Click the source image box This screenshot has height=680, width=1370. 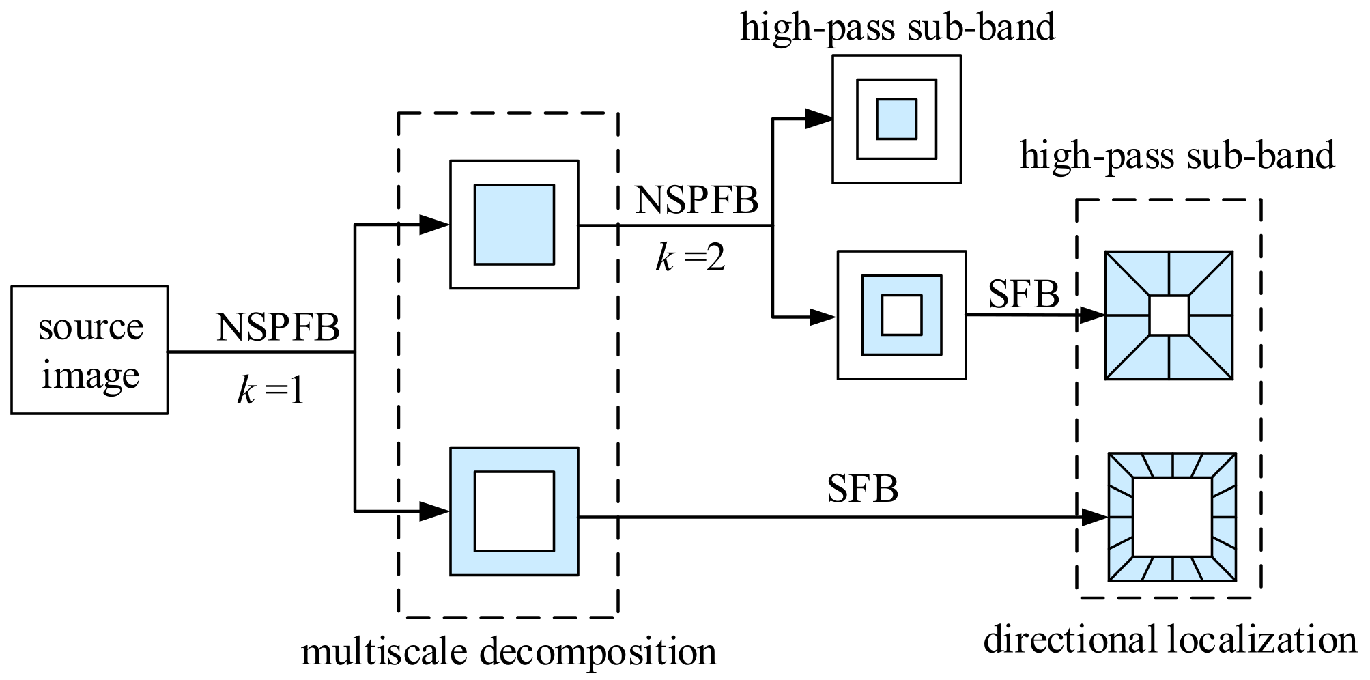[x=89, y=350]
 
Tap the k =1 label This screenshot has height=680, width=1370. [x=271, y=392]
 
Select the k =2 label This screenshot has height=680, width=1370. [x=690, y=259]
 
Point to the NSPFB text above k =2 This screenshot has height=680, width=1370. [x=696, y=201]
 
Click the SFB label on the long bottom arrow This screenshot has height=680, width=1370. [x=862, y=489]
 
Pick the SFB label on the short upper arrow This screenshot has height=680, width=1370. [x=1023, y=295]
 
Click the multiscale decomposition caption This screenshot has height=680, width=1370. [x=509, y=651]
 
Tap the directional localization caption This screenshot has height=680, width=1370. [x=1169, y=640]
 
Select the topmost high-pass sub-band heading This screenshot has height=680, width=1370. [x=898, y=28]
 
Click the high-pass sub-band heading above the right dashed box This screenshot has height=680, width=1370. [x=1177, y=156]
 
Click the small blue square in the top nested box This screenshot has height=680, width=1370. [x=896, y=119]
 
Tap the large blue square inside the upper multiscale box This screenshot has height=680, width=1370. [x=514, y=225]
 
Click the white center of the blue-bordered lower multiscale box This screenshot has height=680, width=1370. [x=514, y=511]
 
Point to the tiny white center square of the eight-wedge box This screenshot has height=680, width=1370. [x=1169, y=315]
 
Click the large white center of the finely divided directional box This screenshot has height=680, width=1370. [x=1172, y=517]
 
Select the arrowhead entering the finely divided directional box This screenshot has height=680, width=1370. [x=1095, y=518]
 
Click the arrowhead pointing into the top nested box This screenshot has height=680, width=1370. [x=818, y=119]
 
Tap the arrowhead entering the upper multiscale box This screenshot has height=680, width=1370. [x=433, y=225]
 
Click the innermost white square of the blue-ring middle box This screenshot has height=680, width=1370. [x=902, y=315]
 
